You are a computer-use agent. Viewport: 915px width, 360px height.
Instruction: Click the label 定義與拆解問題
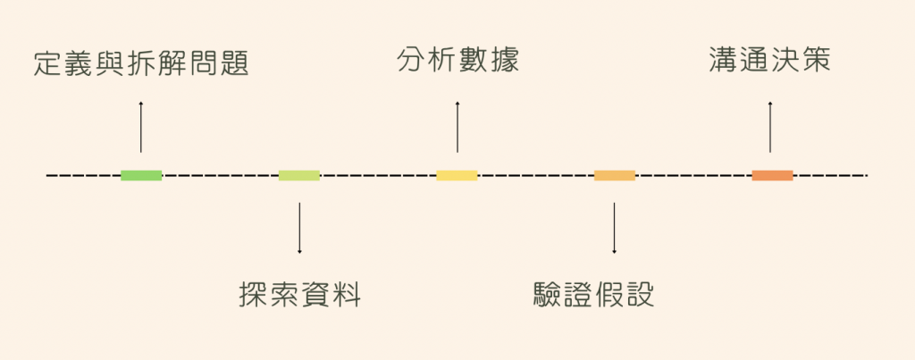pos(140,64)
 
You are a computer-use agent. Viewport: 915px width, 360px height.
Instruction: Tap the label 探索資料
pos(300,294)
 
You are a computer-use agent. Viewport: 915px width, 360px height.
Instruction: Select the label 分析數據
pos(457,62)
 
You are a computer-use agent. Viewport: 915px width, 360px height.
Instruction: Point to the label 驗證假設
pos(593,294)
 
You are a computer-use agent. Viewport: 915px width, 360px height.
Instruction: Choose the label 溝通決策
pos(769,60)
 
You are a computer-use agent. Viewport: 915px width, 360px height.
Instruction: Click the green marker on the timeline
pos(141,175)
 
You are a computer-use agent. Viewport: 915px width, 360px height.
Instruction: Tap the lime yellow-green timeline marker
pos(298,175)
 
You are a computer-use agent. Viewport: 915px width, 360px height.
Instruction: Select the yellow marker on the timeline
pos(457,175)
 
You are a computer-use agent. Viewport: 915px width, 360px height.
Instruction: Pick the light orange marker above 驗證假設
pos(615,175)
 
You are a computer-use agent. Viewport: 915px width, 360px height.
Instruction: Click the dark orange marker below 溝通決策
pos(772,175)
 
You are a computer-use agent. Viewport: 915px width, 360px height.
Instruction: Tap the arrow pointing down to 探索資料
pos(299,228)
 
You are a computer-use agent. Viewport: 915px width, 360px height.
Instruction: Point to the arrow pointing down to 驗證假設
pos(615,228)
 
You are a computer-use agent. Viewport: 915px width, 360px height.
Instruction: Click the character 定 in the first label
pos(49,64)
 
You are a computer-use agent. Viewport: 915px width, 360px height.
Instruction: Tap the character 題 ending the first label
pos(233,64)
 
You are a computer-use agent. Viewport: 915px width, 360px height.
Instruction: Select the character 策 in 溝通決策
pos(816,60)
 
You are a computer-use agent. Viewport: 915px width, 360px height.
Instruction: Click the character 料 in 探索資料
pos(347,294)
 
